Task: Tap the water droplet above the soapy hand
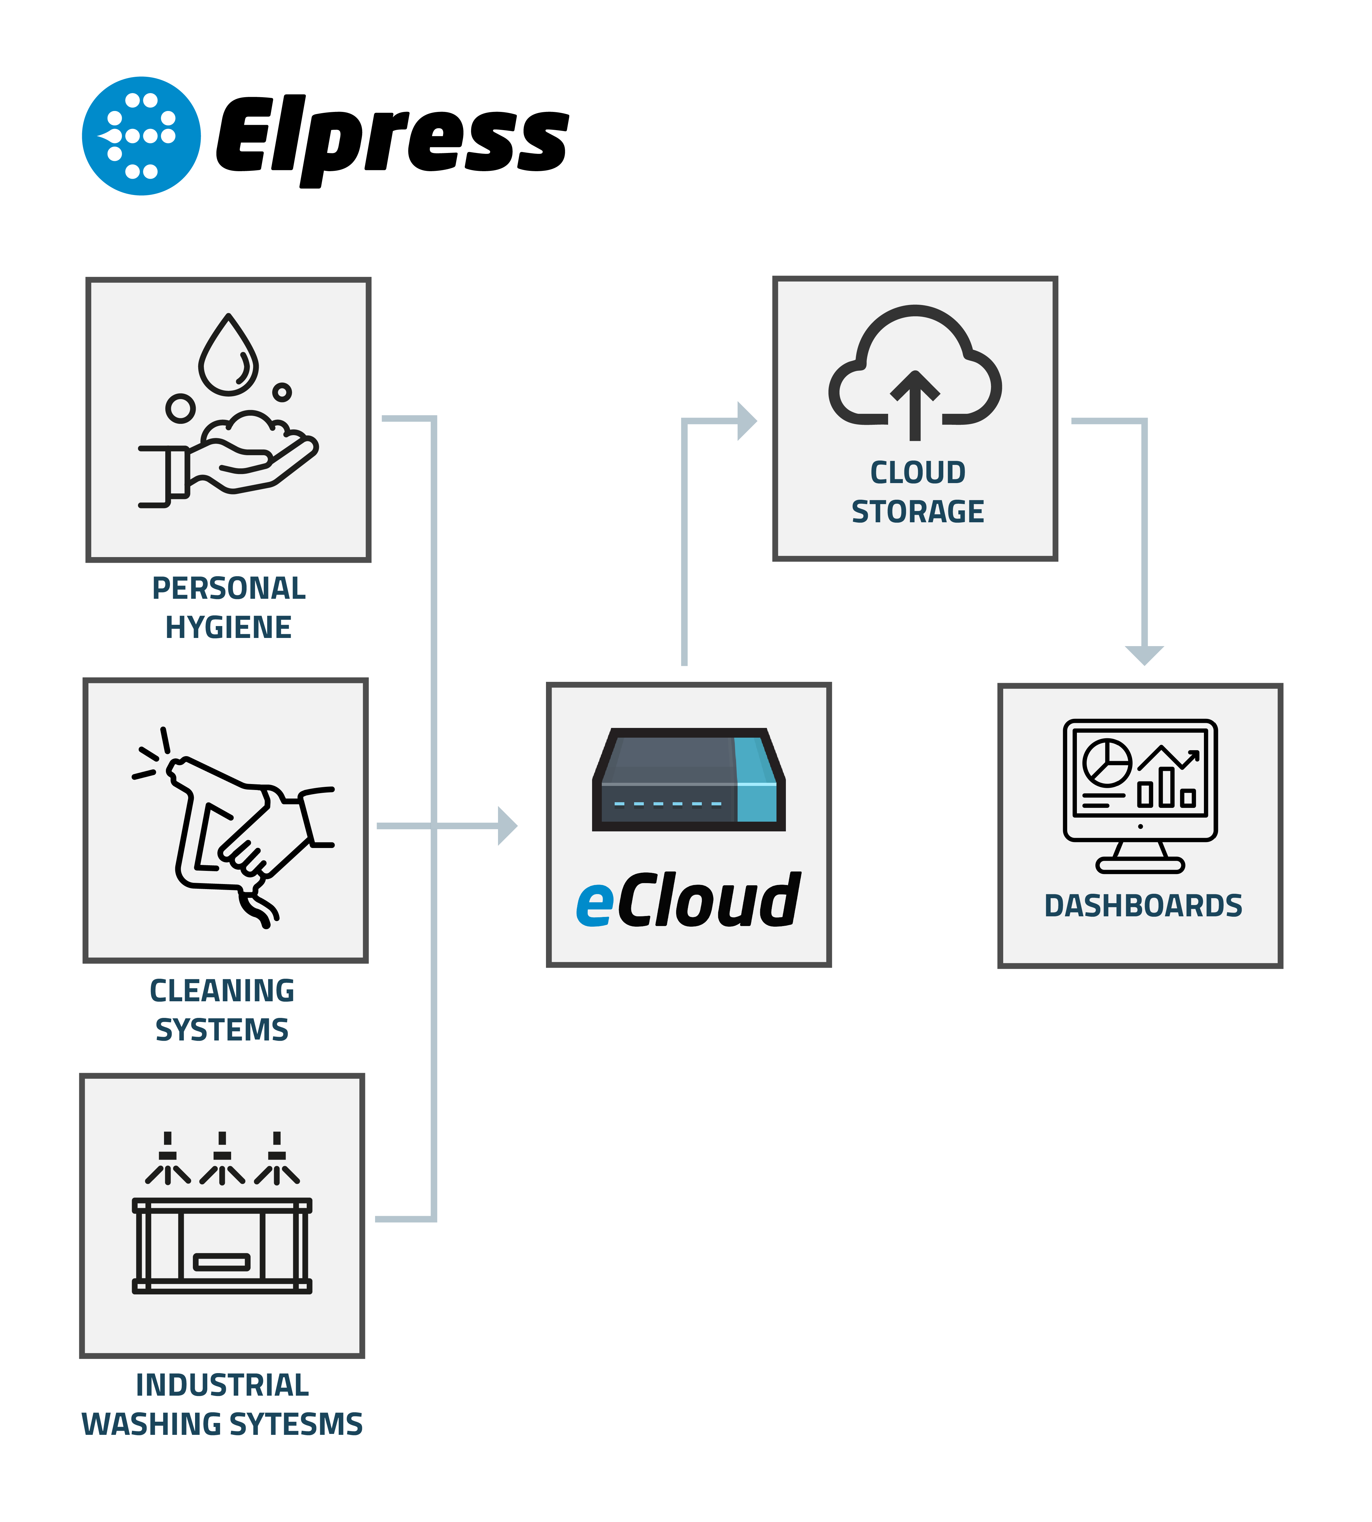pos(228,356)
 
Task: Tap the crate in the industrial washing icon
pos(222,1246)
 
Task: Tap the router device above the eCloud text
pos(688,780)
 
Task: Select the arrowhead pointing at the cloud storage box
pos(746,420)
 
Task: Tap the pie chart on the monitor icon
pos(1107,762)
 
